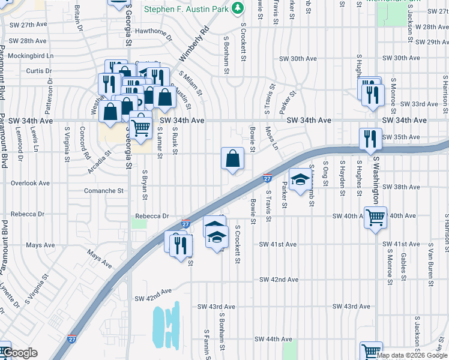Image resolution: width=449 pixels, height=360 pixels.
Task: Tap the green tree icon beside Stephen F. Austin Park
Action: click(238, 8)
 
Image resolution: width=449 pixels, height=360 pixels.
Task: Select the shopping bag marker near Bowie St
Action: click(232, 159)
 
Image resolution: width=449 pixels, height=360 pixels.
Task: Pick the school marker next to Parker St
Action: click(301, 179)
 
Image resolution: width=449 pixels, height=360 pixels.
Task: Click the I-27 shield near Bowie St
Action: click(268, 178)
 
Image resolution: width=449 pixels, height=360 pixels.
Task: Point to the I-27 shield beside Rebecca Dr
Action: click(186, 223)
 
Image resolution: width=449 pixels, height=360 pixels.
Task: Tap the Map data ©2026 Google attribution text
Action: click(412, 355)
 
